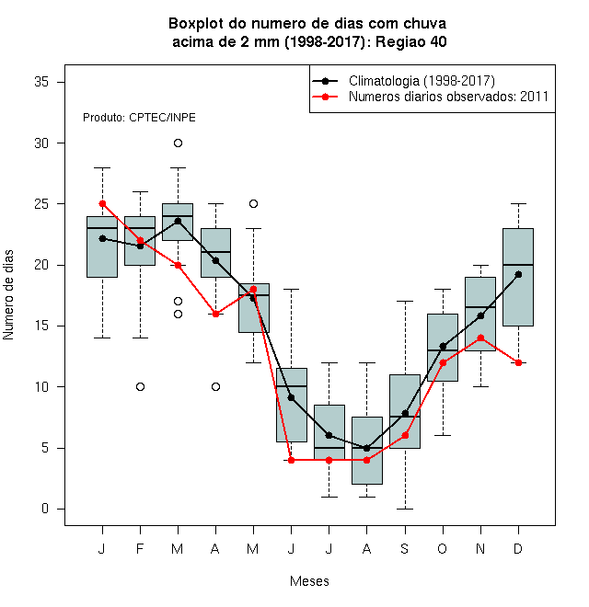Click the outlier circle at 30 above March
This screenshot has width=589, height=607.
point(178,143)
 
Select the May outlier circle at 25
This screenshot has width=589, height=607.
point(253,203)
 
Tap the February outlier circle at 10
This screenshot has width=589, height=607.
point(140,386)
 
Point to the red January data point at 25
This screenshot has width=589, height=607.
point(102,203)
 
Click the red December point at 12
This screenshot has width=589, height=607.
point(518,362)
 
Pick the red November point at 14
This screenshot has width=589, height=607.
point(481,338)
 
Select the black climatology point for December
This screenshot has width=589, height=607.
point(518,274)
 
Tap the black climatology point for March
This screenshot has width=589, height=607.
point(178,221)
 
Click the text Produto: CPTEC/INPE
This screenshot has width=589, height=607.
point(139,118)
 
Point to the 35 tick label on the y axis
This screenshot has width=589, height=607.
point(41,82)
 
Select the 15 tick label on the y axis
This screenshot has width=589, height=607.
point(41,326)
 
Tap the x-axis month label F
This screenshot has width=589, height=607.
point(140,548)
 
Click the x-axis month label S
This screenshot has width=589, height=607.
point(405,548)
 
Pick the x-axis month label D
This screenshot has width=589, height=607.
point(518,548)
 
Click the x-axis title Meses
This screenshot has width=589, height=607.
point(309,581)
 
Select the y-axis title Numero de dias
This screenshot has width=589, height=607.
point(8,295)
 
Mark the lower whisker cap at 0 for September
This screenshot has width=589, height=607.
point(405,509)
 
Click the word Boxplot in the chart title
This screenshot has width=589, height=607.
point(196,24)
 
